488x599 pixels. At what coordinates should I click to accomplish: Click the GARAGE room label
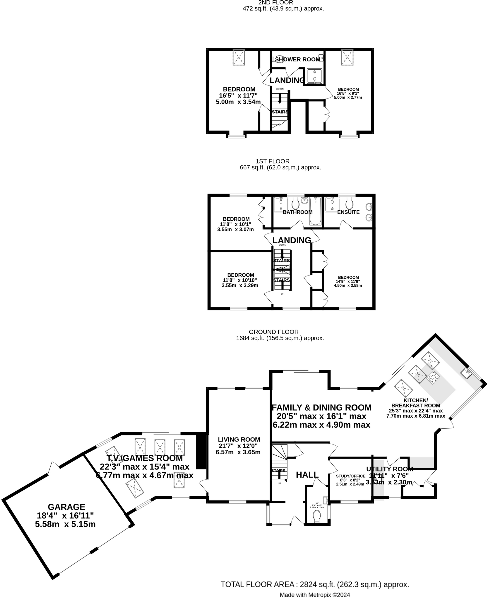(x=66, y=507)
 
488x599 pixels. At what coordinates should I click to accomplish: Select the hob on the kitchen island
(x=434, y=378)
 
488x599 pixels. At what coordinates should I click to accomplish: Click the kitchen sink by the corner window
(x=465, y=373)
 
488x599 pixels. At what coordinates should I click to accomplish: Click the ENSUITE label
(x=348, y=212)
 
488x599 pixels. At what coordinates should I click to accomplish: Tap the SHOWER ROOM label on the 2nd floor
(x=298, y=59)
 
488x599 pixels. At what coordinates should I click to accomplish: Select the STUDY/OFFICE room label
(x=350, y=476)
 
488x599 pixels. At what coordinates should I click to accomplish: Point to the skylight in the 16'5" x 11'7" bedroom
(x=239, y=57)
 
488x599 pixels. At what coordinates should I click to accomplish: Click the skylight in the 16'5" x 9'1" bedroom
(x=347, y=57)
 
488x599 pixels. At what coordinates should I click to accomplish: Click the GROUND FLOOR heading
(x=274, y=332)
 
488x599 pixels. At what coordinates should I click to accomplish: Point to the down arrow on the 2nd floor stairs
(x=280, y=98)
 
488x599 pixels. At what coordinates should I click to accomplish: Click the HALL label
(x=307, y=475)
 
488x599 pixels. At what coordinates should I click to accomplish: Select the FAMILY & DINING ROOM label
(x=321, y=407)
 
